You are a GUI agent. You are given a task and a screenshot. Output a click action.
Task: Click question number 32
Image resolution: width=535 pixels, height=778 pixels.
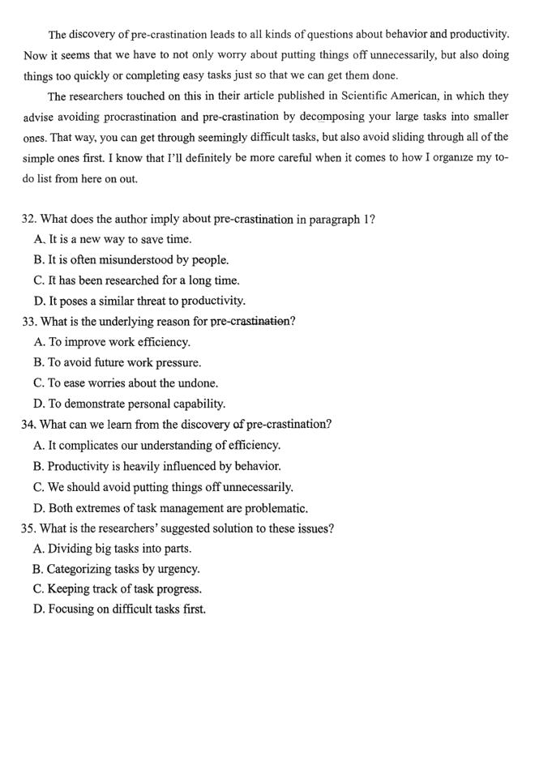[x=29, y=219]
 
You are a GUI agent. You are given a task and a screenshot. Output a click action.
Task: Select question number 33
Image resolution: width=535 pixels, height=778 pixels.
[x=30, y=322]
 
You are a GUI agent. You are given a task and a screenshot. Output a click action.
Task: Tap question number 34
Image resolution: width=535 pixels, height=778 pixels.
[x=29, y=424]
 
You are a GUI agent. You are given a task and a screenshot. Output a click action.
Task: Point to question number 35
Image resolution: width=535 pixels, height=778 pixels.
[x=29, y=528]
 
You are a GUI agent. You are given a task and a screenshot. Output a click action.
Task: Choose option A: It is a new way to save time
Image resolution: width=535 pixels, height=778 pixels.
[x=113, y=239]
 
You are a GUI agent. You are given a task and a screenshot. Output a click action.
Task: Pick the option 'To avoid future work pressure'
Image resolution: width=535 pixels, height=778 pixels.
[x=118, y=362]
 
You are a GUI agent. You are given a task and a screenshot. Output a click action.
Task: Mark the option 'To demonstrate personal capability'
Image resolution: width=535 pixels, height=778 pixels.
[x=130, y=404]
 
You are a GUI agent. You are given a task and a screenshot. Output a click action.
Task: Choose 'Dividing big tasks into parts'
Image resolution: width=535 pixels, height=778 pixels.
[x=113, y=549]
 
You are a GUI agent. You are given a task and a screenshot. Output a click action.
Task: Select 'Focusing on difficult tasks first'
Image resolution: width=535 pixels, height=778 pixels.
[x=119, y=609]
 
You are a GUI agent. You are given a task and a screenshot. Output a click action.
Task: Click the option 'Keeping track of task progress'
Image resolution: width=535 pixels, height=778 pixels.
[x=118, y=589]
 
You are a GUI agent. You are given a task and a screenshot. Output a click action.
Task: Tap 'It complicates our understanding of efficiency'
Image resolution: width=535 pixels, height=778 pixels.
[x=157, y=445]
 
